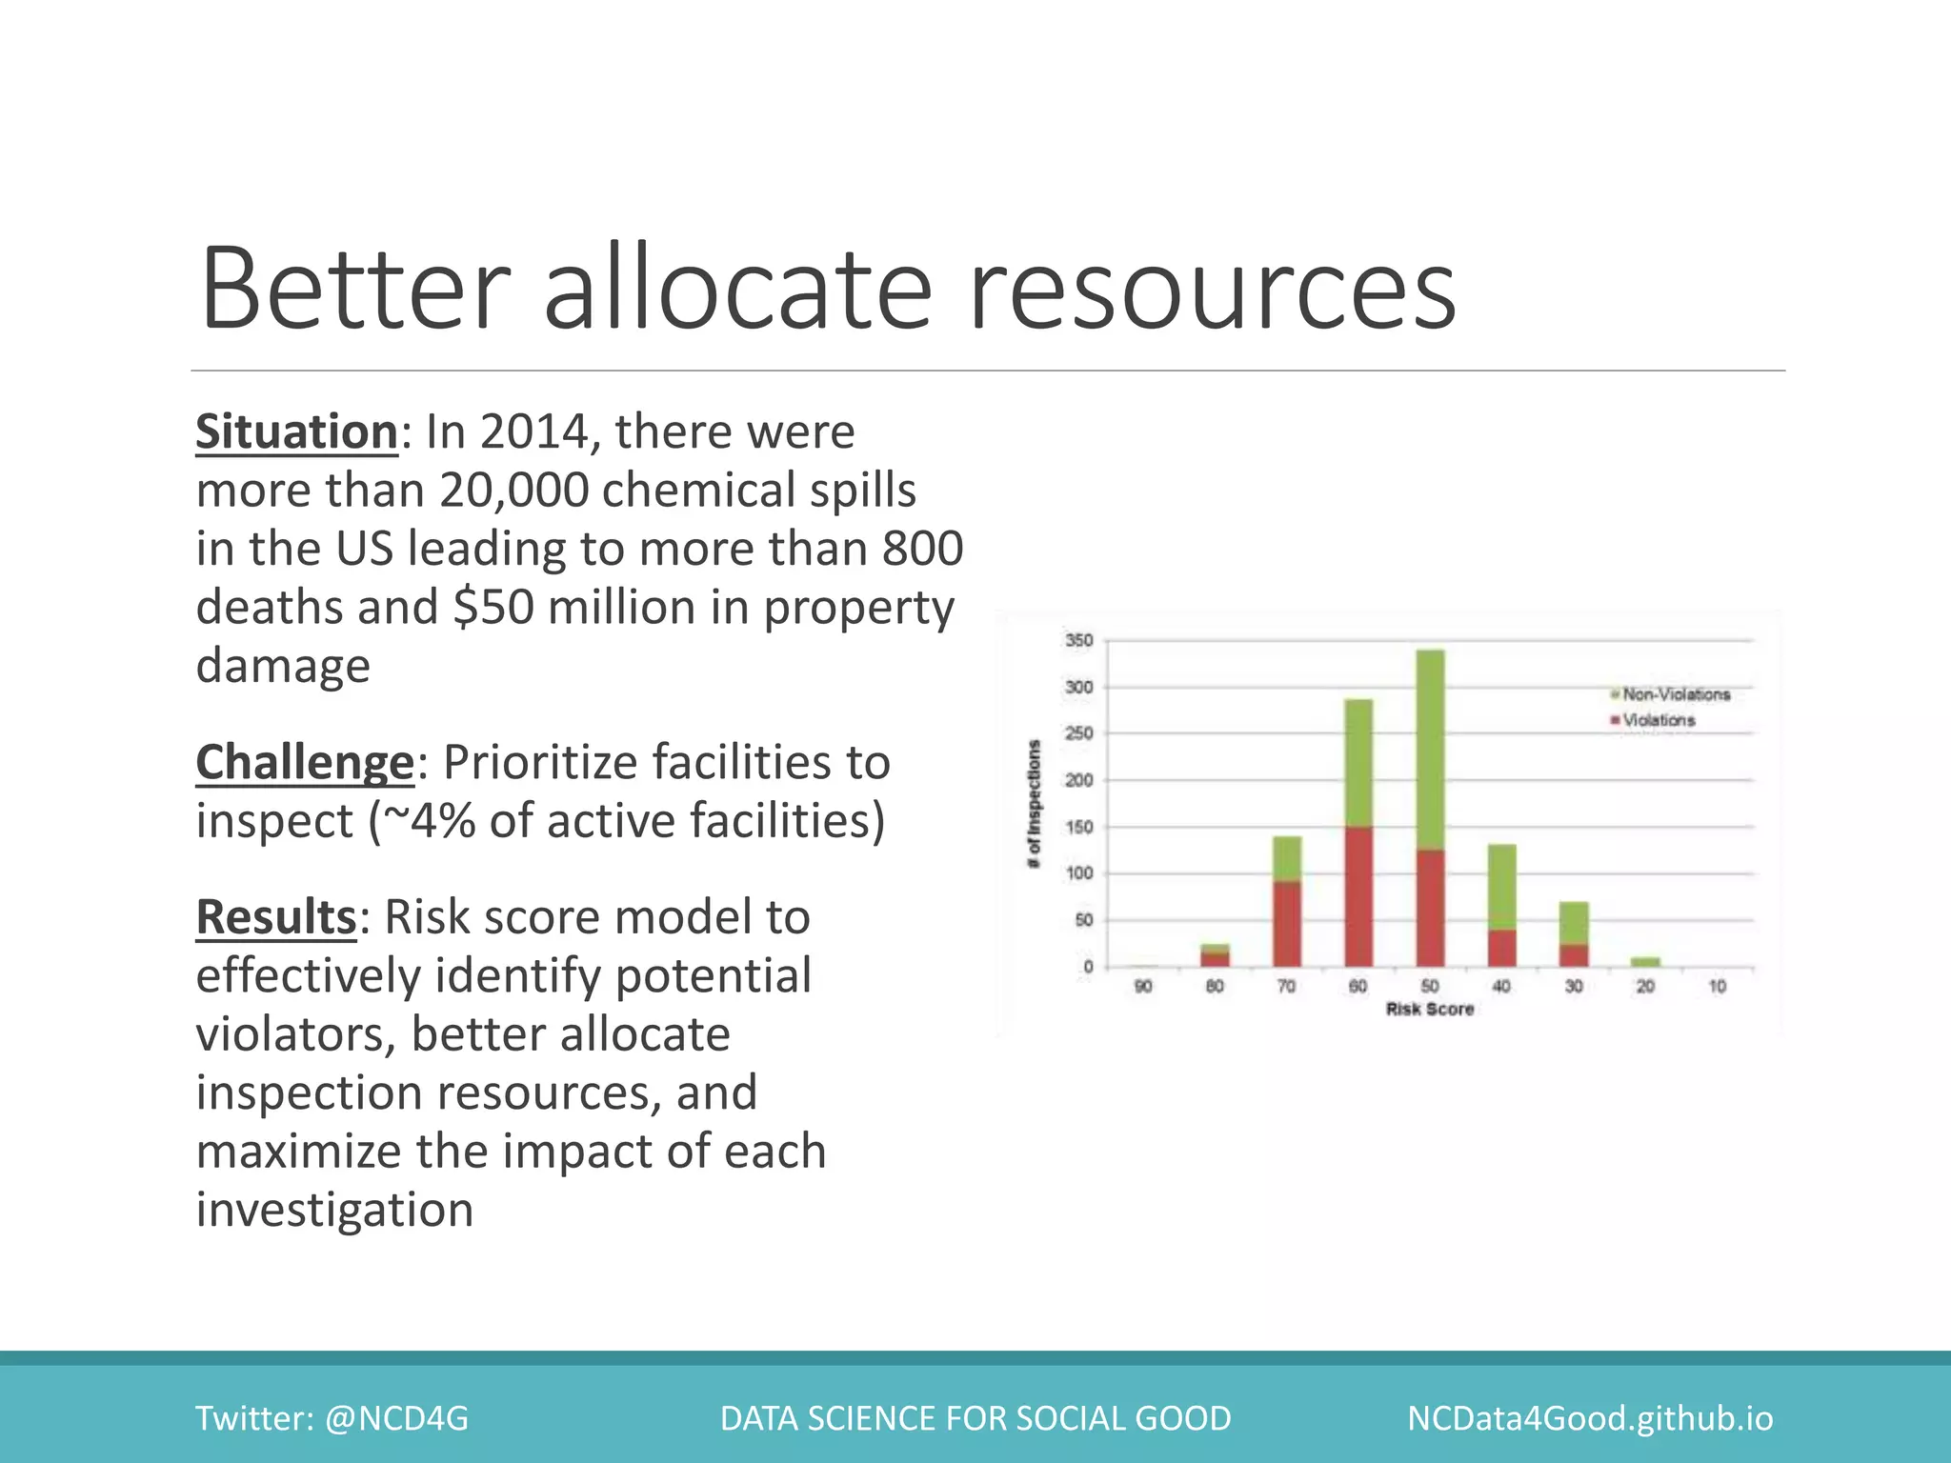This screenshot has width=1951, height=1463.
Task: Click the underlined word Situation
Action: click(296, 431)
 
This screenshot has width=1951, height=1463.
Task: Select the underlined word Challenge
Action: click(305, 762)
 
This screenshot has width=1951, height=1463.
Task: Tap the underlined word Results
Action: click(275, 916)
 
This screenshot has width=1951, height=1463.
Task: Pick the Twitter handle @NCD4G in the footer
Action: click(396, 1418)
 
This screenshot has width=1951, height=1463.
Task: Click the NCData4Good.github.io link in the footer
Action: click(1590, 1418)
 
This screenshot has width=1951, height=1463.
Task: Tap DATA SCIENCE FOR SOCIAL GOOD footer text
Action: click(975, 1418)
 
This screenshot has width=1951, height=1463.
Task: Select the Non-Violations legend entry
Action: click(1675, 694)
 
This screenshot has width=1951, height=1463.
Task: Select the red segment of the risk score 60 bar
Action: click(1358, 896)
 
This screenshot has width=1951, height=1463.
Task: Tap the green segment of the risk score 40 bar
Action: click(1502, 887)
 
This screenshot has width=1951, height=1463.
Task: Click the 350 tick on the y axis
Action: click(1078, 641)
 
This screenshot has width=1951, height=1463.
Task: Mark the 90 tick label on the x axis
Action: click(1143, 987)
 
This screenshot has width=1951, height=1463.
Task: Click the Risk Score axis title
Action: click(1429, 1009)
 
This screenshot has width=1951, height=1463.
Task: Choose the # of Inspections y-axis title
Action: click(1034, 804)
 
